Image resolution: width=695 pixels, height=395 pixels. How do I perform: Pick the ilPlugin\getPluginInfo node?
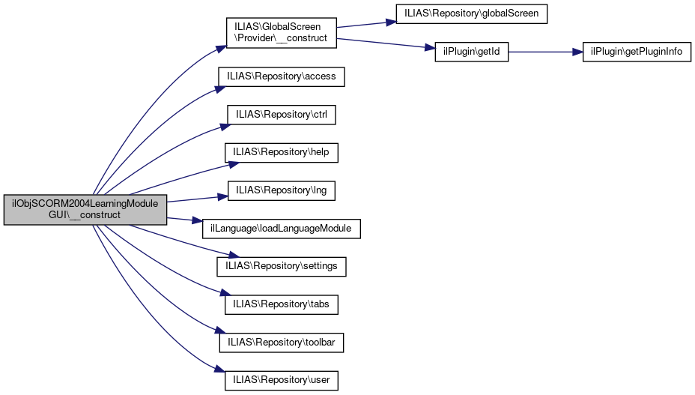coord(637,52)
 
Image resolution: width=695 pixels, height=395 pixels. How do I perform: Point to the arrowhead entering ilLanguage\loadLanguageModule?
coord(197,223)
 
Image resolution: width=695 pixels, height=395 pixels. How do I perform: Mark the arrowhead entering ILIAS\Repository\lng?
coord(222,196)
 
